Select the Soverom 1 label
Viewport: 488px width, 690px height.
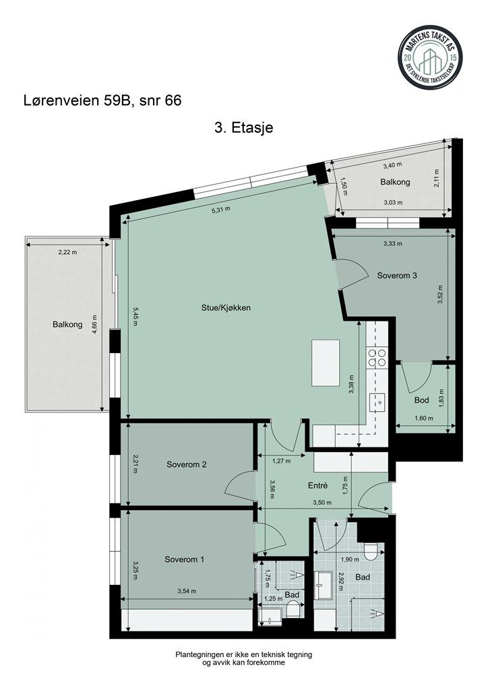click(185, 559)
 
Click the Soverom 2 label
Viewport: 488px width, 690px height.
click(185, 464)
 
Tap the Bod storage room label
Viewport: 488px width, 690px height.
click(422, 400)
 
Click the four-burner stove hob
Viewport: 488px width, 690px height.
click(377, 358)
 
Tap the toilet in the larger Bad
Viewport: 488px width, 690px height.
click(369, 551)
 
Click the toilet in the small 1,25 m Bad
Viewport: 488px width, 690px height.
click(293, 610)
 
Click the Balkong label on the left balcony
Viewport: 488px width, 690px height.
click(67, 324)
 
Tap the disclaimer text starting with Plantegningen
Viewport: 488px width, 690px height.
click(243, 658)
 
